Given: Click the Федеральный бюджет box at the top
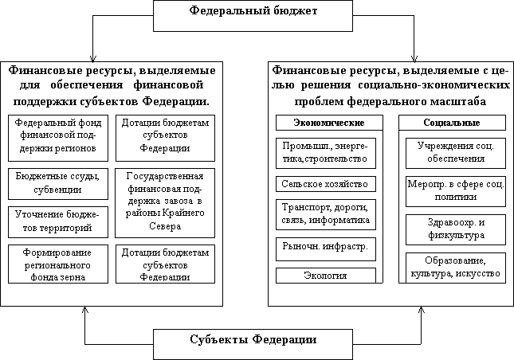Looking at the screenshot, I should click(254, 14).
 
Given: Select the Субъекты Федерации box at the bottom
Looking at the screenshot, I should click(253, 340).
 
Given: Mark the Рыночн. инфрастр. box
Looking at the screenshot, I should click(325, 248).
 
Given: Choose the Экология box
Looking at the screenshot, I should click(325, 276).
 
